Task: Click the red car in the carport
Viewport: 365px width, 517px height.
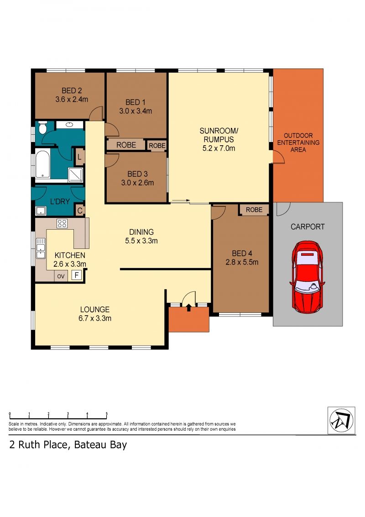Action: pyautogui.click(x=307, y=277)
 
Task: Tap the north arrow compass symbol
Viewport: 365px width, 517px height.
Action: pyautogui.click(x=341, y=420)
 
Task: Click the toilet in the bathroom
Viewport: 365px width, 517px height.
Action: pyautogui.click(x=42, y=127)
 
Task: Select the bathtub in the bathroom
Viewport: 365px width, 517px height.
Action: pyautogui.click(x=42, y=164)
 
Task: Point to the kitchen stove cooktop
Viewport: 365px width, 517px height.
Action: pyautogui.click(x=62, y=223)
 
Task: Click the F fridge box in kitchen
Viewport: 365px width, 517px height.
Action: pyautogui.click(x=77, y=275)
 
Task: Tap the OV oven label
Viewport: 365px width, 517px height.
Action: pyautogui.click(x=61, y=276)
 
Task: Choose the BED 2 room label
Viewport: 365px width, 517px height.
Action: pyautogui.click(x=72, y=90)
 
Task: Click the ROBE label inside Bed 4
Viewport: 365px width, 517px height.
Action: pyautogui.click(x=254, y=210)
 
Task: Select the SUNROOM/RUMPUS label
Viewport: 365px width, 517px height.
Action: pyautogui.click(x=219, y=135)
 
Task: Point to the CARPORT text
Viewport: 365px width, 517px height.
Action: pyautogui.click(x=308, y=227)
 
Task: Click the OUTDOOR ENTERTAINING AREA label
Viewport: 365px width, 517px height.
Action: pyautogui.click(x=298, y=142)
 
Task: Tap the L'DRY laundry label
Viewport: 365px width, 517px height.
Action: pyautogui.click(x=60, y=201)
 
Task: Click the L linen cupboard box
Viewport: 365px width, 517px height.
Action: pyautogui.click(x=79, y=157)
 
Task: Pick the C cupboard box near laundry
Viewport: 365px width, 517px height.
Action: pyautogui.click(x=79, y=211)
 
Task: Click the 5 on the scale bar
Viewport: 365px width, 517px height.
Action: pyautogui.click(x=106, y=413)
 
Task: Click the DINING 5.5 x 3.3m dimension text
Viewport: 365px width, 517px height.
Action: pyautogui.click(x=141, y=241)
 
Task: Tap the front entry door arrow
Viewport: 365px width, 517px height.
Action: pyautogui.click(x=189, y=307)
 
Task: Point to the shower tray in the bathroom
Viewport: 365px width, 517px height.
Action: pyautogui.click(x=75, y=175)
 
